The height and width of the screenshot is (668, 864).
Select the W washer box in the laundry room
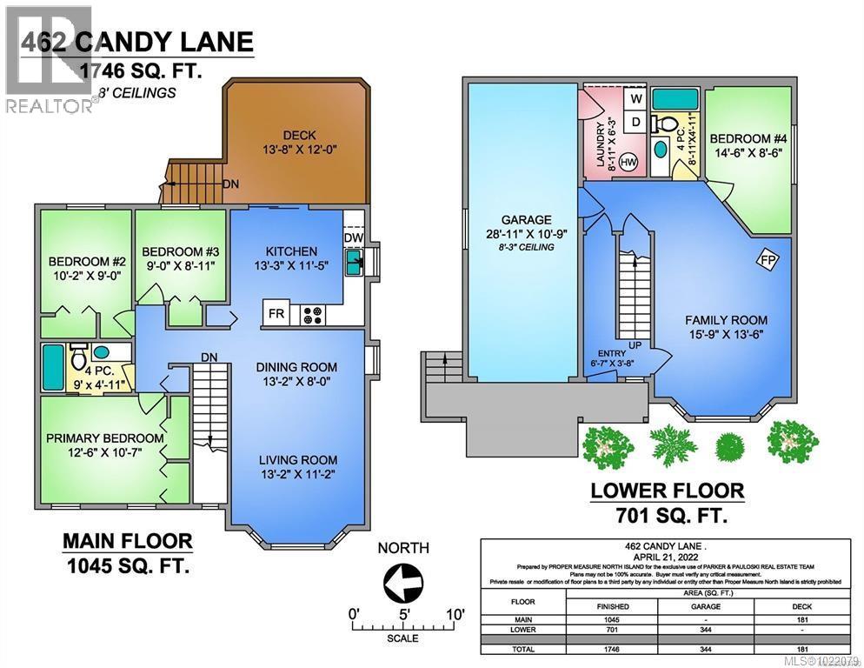click(x=636, y=99)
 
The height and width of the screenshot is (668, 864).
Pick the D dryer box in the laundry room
click(x=636, y=123)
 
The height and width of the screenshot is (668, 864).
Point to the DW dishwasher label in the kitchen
click(x=353, y=237)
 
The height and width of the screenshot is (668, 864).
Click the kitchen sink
click(x=354, y=262)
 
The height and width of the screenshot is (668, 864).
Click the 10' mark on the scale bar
click(x=453, y=613)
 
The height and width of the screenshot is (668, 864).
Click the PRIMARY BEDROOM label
click(x=105, y=438)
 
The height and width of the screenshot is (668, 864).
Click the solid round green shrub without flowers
click(x=728, y=444)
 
